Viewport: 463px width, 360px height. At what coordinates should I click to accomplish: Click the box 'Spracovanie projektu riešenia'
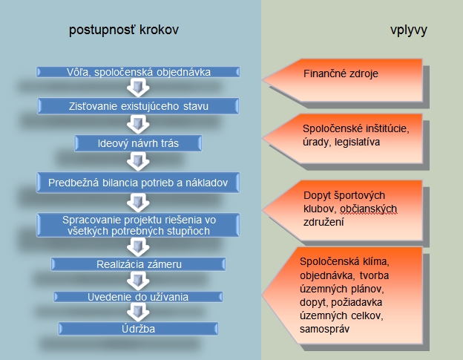point(139,224)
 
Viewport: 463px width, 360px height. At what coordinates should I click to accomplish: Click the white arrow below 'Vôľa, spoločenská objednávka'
point(135,89)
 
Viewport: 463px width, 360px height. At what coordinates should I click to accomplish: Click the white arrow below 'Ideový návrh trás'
point(135,160)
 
